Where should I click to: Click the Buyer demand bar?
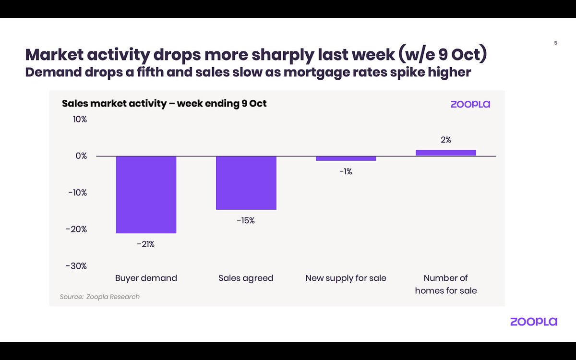click(x=146, y=194)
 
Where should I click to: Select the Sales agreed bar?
click(x=246, y=183)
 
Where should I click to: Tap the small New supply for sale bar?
click(x=346, y=158)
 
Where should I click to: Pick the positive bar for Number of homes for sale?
click(x=445, y=153)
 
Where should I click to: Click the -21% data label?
click(x=146, y=244)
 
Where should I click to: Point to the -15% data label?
click(x=246, y=221)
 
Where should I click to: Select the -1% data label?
click(x=346, y=171)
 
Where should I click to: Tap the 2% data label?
click(x=446, y=140)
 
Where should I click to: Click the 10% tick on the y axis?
click(x=79, y=120)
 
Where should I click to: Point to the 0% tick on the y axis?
click(x=81, y=156)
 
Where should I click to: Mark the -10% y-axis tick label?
click(x=77, y=192)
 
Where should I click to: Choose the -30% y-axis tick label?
click(x=77, y=266)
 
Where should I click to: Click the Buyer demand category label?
click(x=146, y=278)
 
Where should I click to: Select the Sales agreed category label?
click(x=246, y=278)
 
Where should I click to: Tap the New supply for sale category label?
click(x=346, y=278)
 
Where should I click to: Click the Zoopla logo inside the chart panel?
click(x=470, y=104)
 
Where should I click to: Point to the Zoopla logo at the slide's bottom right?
click(x=533, y=322)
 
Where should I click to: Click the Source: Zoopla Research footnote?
click(x=99, y=297)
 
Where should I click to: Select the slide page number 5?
click(x=555, y=43)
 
